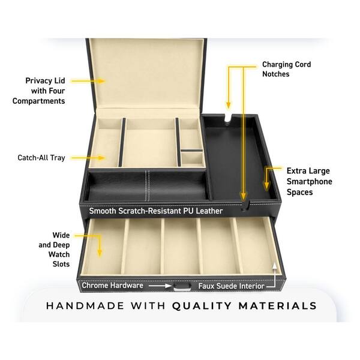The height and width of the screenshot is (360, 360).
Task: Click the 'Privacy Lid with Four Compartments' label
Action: click(39, 91)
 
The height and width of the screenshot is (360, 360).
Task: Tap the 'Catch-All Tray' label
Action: click(41, 158)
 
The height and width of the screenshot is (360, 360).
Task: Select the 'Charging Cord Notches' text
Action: click(287, 69)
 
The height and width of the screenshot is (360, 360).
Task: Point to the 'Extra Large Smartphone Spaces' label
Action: click(309, 181)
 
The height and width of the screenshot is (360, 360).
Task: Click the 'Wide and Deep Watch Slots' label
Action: click(54, 250)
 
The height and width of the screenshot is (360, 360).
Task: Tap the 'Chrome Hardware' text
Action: click(113, 286)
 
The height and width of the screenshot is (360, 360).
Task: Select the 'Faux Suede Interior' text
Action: click(231, 286)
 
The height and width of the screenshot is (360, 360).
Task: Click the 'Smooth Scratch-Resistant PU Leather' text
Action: click(156, 211)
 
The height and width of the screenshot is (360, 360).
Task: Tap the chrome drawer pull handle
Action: click(182, 287)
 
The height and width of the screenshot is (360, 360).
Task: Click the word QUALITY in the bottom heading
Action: click(202, 306)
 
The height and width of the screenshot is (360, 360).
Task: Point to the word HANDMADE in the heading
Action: click(85, 306)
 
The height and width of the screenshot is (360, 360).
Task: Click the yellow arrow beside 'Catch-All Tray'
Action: click(88, 158)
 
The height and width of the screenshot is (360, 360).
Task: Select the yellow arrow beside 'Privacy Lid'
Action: click(88, 81)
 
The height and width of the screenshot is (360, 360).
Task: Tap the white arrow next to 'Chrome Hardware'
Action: click(160, 286)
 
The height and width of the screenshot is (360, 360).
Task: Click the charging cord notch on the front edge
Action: click(245, 205)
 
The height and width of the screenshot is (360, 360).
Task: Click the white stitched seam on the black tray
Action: click(147, 185)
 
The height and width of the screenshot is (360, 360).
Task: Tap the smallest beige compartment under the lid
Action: click(192, 158)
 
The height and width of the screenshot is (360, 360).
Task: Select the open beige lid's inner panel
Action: click(147, 73)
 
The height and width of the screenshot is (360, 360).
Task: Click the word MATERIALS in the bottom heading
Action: click(278, 306)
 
